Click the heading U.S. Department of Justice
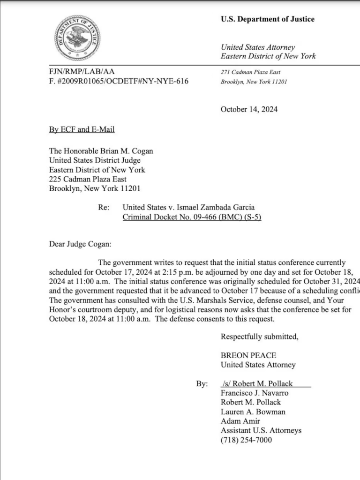267,19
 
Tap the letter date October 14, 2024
249,109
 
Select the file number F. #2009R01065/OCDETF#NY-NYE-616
119,81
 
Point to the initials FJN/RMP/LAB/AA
82,72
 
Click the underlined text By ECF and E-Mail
82,129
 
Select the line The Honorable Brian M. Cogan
101,151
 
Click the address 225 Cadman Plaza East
88,179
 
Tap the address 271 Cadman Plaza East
250,72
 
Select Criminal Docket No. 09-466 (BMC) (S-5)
191,217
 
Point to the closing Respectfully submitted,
259,337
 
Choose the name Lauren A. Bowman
253,412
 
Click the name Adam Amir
240,421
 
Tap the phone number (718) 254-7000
246,440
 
